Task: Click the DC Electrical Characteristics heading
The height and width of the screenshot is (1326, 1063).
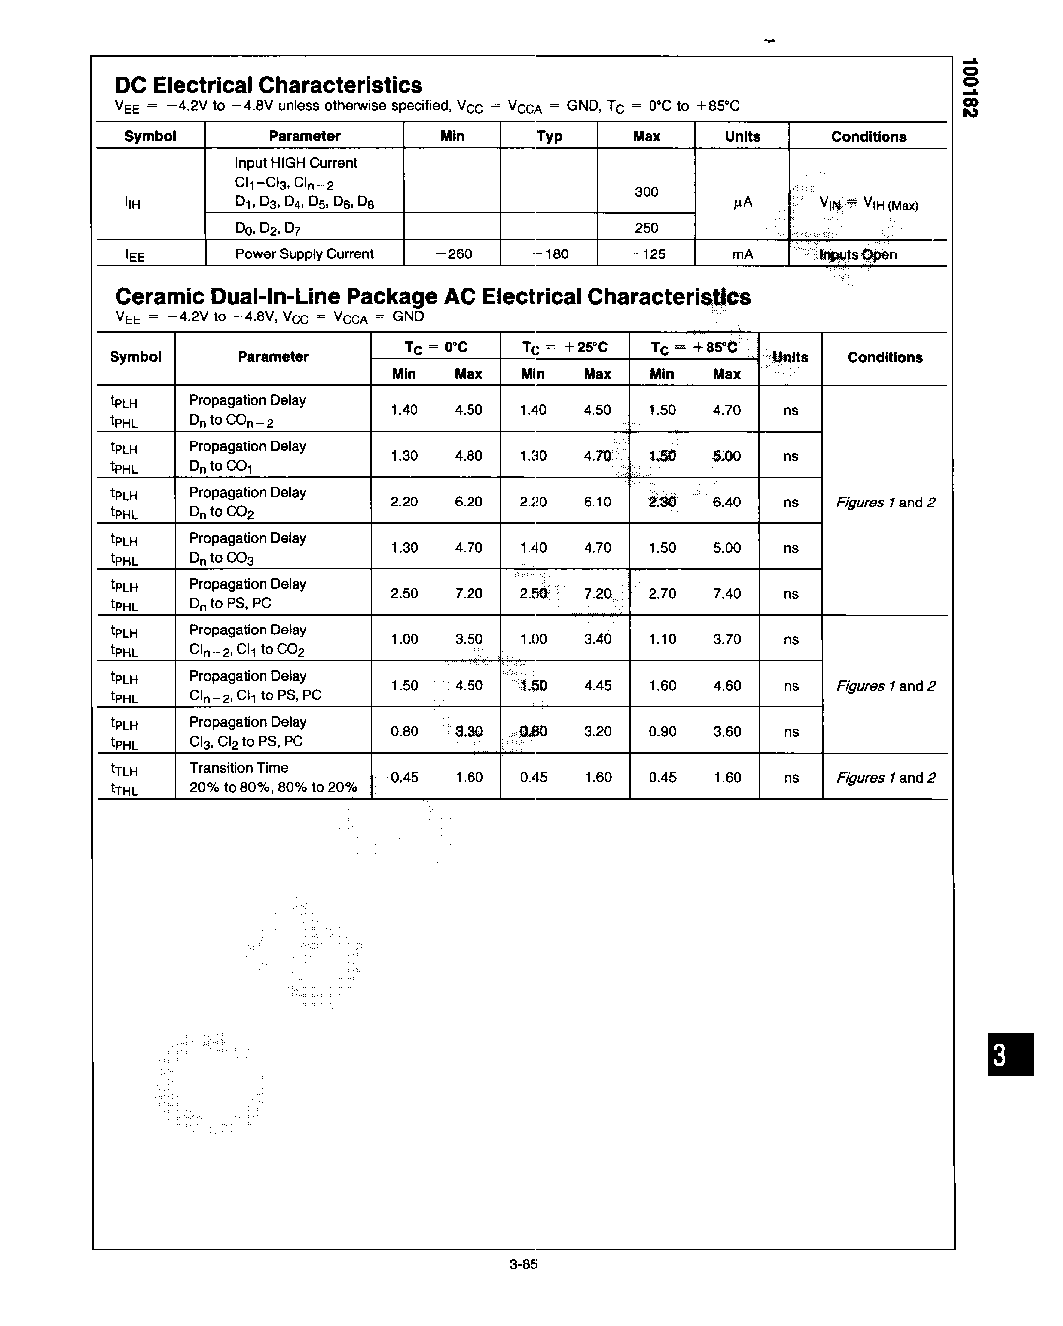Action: [268, 85]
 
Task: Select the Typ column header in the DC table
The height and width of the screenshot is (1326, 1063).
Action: [549, 136]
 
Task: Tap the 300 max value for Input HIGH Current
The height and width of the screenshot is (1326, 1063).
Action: [646, 192]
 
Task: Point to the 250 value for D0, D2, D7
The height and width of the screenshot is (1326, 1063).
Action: [646, 228]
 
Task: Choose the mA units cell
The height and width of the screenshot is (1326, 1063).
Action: [742, 254]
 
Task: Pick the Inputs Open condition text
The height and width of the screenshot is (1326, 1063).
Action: [858, 254]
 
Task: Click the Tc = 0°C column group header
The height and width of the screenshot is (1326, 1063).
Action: [435, 347]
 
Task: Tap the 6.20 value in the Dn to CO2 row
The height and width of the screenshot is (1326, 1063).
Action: [468, 502]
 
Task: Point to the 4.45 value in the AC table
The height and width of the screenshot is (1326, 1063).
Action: [597, 685]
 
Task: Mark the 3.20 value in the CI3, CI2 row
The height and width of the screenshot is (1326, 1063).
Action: [597, 731]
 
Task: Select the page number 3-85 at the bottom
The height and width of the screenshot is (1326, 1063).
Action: [523, 1264]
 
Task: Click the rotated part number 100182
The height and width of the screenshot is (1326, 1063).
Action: [970, 87]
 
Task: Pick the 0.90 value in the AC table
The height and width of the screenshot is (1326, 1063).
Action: [662, 731]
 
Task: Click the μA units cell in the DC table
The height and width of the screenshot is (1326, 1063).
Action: [742, 202]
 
